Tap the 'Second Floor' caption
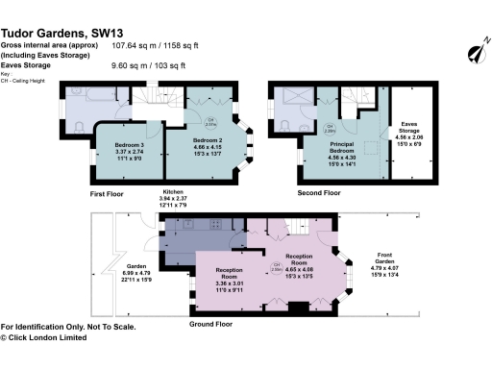[319, 193]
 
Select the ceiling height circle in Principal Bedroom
[329, 127]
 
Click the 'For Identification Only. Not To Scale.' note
[68, 327]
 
